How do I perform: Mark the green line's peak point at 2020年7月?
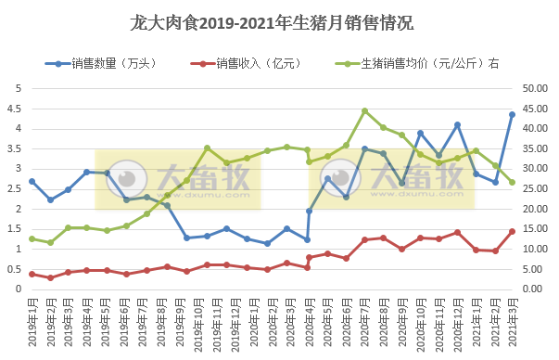pos(364,110)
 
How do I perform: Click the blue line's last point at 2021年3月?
pos(512,114)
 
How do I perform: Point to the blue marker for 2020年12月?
pos(457,124)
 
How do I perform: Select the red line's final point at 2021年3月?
pos(512,231)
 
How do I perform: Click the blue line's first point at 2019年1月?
pos(32,181)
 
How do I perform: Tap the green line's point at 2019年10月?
pos(207,148)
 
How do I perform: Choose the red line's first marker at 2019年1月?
pos(32,274)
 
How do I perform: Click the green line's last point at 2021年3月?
pos(512,182)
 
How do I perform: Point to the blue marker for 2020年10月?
pos(420,133)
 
